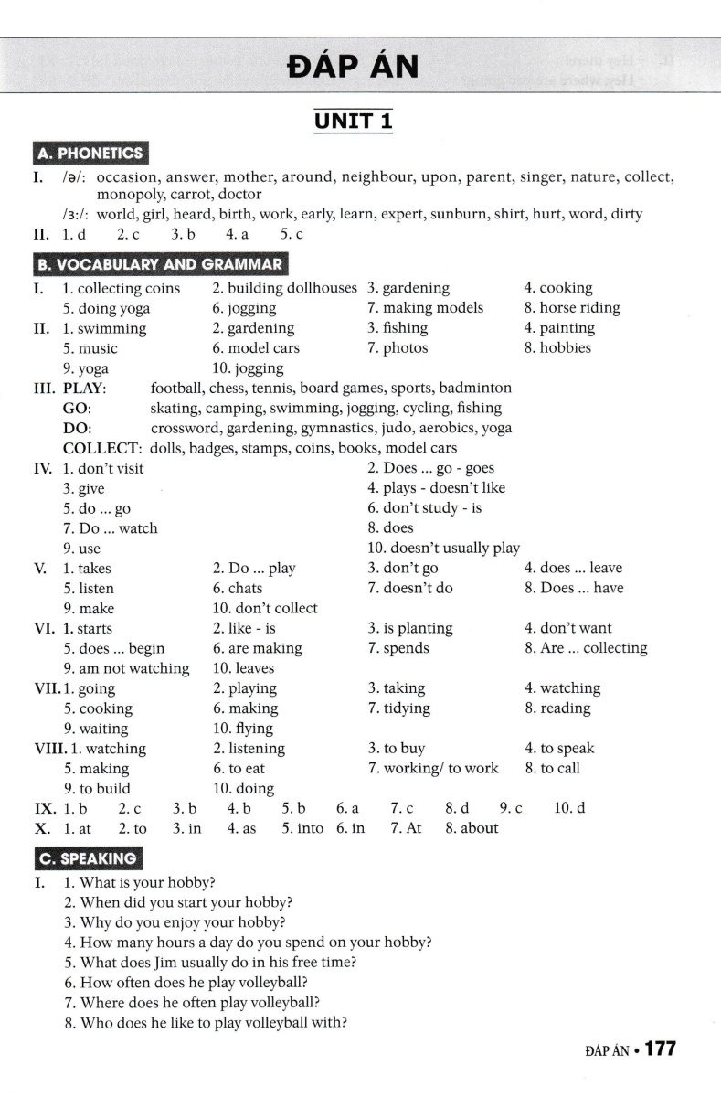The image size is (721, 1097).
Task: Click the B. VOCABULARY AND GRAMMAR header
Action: click(158, 265)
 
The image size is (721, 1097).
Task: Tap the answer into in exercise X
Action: click(303, 828)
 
